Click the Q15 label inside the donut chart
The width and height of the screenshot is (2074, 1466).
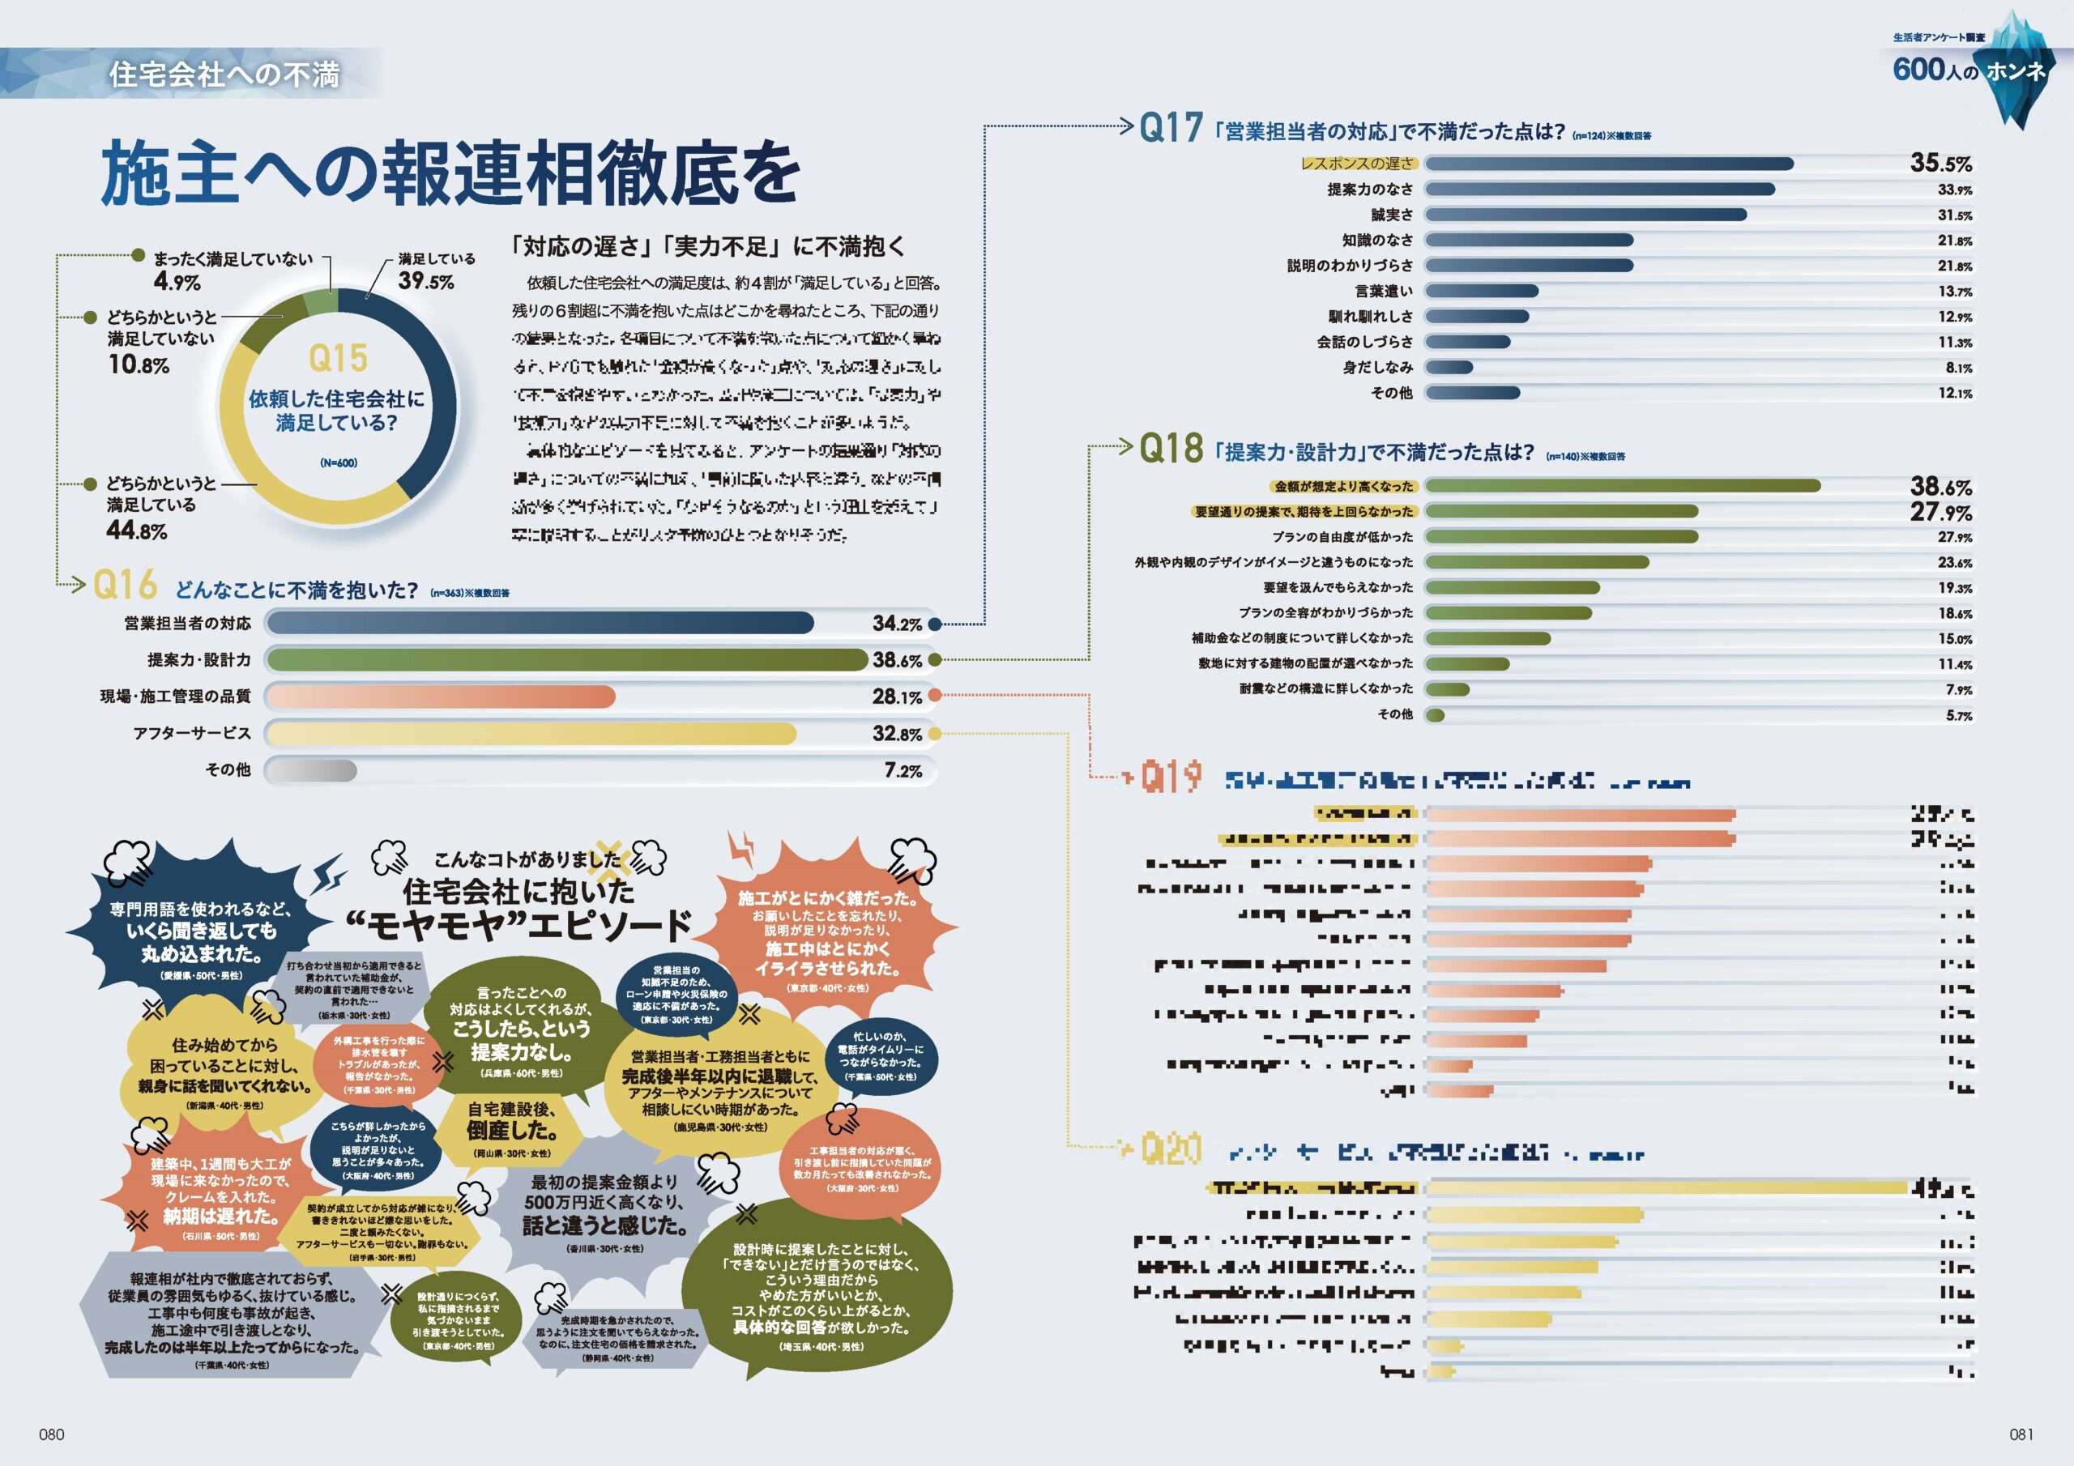[338, 359]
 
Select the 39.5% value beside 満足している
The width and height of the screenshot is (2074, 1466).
[425, 281]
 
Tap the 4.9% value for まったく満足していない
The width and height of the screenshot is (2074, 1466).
[177, 282]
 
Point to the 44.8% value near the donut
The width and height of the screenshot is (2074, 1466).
[137, 531]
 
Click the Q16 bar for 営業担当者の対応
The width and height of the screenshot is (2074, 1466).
[540, 624]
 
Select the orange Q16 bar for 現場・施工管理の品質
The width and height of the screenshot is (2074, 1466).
[441, 697]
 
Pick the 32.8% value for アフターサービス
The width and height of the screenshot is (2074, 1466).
[897, 734]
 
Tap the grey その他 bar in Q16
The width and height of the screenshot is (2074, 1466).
[313, 770]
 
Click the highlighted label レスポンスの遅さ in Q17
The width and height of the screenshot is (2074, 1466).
[1357, 164]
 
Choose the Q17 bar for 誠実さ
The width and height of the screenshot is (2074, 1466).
[1585, 215]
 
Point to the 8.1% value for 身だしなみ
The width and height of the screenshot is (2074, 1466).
[1958, 368]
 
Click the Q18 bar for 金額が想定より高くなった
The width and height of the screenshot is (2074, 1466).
[1623, 486]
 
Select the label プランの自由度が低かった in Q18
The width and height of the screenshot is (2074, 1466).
[1342, 536]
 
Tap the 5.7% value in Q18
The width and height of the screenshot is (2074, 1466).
[1958, 715]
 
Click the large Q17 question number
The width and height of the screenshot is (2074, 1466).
[1171, 128]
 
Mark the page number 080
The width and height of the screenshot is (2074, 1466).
[52, 1434]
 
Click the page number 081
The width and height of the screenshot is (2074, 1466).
[2021, 1434]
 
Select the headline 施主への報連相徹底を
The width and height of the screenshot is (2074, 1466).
[450, 173]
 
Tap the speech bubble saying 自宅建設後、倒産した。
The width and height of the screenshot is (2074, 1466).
[511, 1123]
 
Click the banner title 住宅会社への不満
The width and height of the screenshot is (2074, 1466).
[224, 74]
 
